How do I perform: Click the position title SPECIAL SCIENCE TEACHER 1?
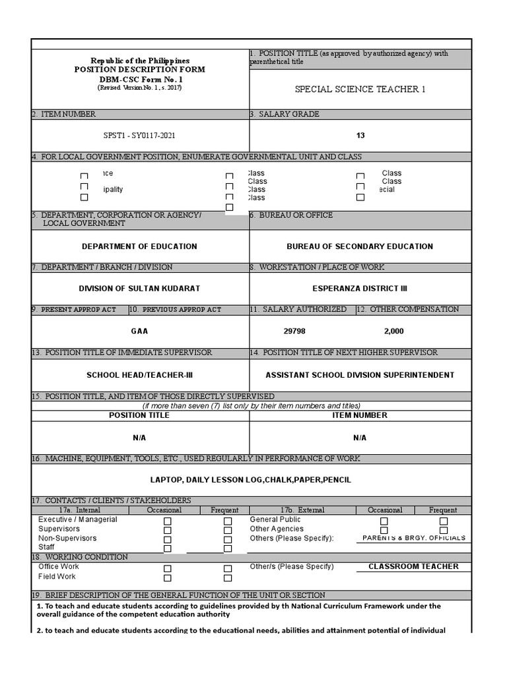[x=360, y=89]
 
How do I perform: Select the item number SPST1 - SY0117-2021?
[x=139, y=136]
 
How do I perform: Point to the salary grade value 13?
[x=360, y=136]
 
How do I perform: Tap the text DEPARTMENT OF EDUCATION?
[x=139, y=247]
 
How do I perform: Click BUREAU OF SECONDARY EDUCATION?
[x=360, y=247]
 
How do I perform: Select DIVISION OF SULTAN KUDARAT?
[x=139, y=289]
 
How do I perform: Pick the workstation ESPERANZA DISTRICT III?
[x=360, y=289]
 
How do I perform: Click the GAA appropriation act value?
[x=139, y=332]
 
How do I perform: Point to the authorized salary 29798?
[x=294, y=332]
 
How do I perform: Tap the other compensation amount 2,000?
[x=393, y=332]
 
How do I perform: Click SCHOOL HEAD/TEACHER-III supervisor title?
[x=139, y=375]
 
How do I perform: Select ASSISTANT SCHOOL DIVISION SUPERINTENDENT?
[x=360, y=375]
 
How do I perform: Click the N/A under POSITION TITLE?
[x=139, y=438]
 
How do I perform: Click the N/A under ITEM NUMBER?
[x=360, y=438]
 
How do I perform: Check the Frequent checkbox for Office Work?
[x=228, y=568]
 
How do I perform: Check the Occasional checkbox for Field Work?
[x=168, y=578]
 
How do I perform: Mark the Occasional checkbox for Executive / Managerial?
[x=168, y=521]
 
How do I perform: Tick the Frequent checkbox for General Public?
[x=444, y=521]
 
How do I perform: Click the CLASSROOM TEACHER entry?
[x=413, y=566]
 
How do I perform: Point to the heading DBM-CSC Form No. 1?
[x=139, y=79]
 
